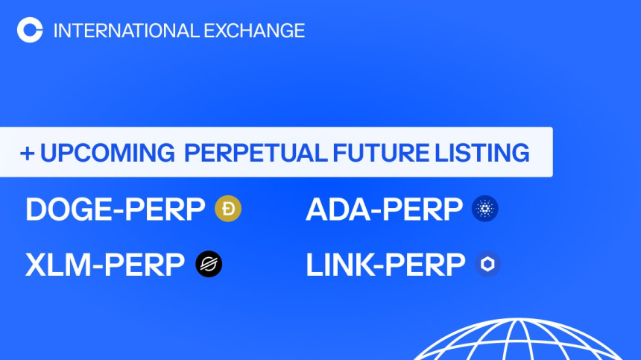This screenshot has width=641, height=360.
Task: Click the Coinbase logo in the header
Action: point(30,31)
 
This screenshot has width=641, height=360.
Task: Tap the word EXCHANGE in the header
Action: point(253,31)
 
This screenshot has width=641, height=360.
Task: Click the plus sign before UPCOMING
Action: point(28,153)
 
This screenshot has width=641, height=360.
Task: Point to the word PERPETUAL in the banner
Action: point(255,153)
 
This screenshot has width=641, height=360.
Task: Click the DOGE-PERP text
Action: point(115,210)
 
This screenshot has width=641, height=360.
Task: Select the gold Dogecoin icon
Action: point(228,209)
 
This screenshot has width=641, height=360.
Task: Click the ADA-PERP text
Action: point(384,210)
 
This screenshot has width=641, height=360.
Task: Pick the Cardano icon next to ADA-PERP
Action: point(485,209)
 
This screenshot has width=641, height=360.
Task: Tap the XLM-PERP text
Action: point(105,265)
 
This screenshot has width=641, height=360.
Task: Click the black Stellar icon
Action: point(209,265)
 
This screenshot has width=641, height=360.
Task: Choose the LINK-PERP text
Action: point(385,265)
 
